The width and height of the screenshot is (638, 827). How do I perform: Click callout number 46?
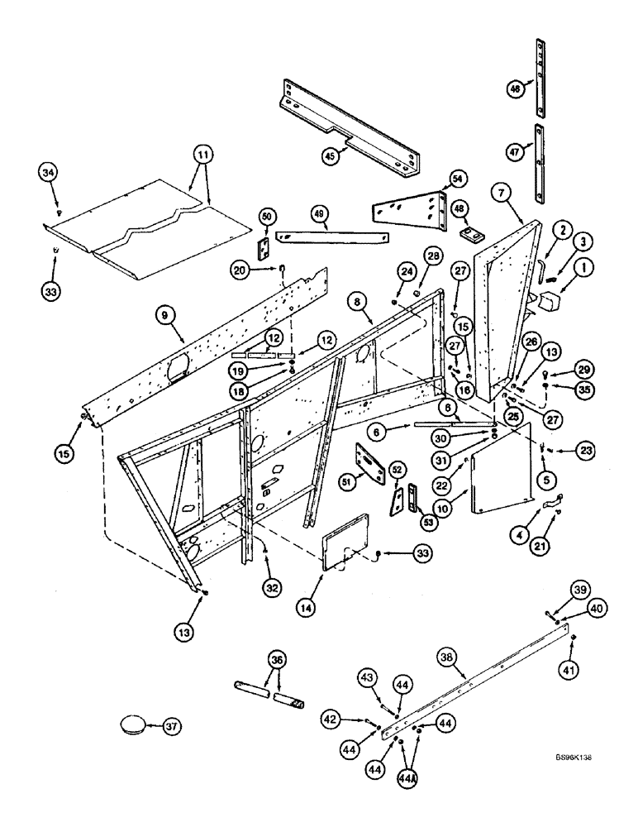[x=514, y=89]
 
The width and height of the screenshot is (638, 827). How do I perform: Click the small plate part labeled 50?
[x=266, y=249]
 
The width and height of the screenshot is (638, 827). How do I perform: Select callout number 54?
[x=457, y=178]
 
